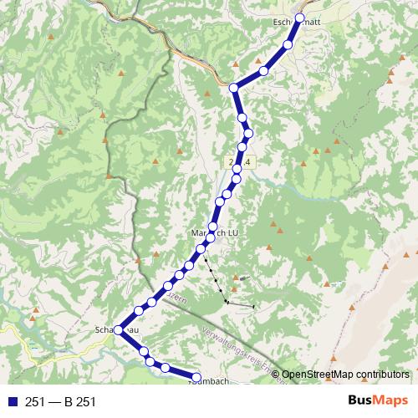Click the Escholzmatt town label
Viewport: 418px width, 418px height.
point(292,23)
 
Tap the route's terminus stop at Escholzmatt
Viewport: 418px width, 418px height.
point(299,18)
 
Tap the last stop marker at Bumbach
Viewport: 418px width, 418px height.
point(197,376)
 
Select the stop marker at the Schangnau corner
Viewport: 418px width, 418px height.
point(119,330)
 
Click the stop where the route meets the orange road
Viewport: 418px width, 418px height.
point(234,88)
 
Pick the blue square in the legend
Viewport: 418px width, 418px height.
point(11,402)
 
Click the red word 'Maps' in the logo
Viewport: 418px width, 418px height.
point(390,401)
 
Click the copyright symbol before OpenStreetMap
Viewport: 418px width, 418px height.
point(276,375)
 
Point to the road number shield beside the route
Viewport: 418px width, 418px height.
point(241,159)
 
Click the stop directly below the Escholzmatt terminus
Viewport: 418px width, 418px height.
point(288,45)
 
